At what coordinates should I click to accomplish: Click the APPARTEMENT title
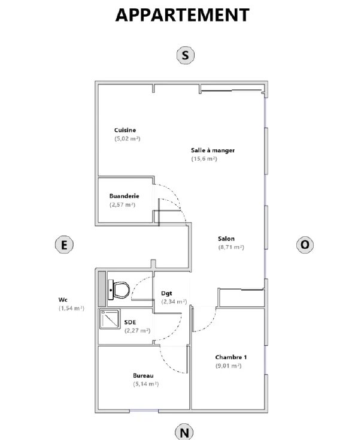pyautogui.click(x=182, y=15)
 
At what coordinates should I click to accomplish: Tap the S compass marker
pyautogui.click(x=186, y=55)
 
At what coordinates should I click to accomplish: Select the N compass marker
pyautogui.click(x=184, y=432)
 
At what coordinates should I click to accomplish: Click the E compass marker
pyautogui.click(x=64, y=245)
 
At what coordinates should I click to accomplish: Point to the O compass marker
pyautogui.click(x=305, y=245)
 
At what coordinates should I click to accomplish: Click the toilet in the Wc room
pyautogui.click(x=119, y=290)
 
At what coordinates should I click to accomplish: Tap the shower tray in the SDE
pyautogui.click(x=110, y=319)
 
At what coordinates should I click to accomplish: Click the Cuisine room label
pyautogui.click(x=125, y=130)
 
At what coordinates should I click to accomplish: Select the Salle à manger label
pyautogui.click(x=213, y=150)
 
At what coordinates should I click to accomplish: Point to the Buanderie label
pyautogui.click(x=124, y=196)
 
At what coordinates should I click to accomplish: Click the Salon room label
pyautogui.click(x=226, y=239)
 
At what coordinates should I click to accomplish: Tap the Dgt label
pyautogui.click(x=166, y=294)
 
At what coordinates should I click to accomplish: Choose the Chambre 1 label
pyautogui.click(x=231, y=357)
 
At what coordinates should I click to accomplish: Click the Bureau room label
pyautogui.click(x=143, y=375)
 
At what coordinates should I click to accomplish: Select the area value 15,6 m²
pyautogui.click(x=204, y=159)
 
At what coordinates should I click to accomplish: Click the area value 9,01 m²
pyautogui.click(x=228, y=366)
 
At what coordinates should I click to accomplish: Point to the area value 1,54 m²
pyautogui.click(x=71, y=308)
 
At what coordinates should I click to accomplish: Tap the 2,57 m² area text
pyautogui.click(x=123, y=204)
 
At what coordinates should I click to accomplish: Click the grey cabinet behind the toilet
pyautogui.click(x=102, y=289)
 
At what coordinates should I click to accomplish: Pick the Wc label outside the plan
pyautogui.click(x=63, y=300)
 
